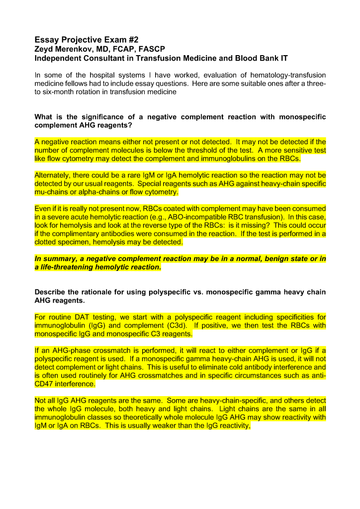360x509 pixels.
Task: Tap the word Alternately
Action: coord(54,175)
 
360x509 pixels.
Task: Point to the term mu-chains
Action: coord(52,191)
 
